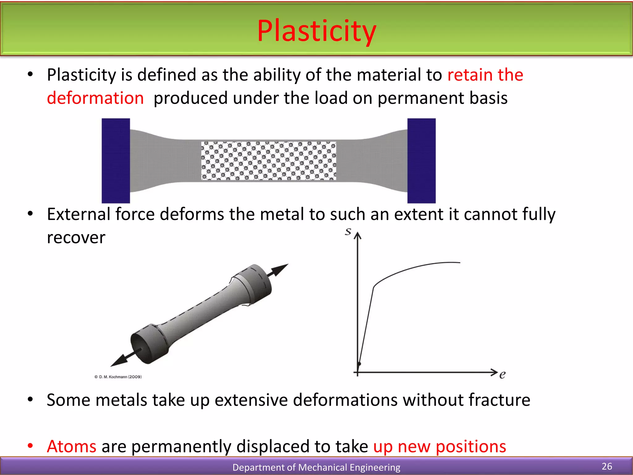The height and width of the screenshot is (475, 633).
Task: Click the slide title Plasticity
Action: click(316, 31)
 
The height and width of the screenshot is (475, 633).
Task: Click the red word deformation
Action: click(95, 98)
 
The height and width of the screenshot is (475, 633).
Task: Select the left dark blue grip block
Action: click(116, 160)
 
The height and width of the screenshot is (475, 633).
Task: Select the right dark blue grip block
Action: click(421, 160)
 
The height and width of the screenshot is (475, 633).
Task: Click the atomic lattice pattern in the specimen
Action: click(268, 161)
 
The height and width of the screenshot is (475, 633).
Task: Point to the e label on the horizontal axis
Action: click(502, 375)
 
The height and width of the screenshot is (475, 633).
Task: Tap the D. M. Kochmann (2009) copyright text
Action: click(118, 377)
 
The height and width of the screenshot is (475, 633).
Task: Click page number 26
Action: click(607, 466)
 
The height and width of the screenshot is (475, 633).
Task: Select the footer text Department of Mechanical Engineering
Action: click(316, 467)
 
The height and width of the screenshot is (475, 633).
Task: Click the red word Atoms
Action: click(72, 447)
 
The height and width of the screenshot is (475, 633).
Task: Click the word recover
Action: click(76, 237)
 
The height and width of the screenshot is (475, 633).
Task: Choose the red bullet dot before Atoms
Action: click(30, 446)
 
